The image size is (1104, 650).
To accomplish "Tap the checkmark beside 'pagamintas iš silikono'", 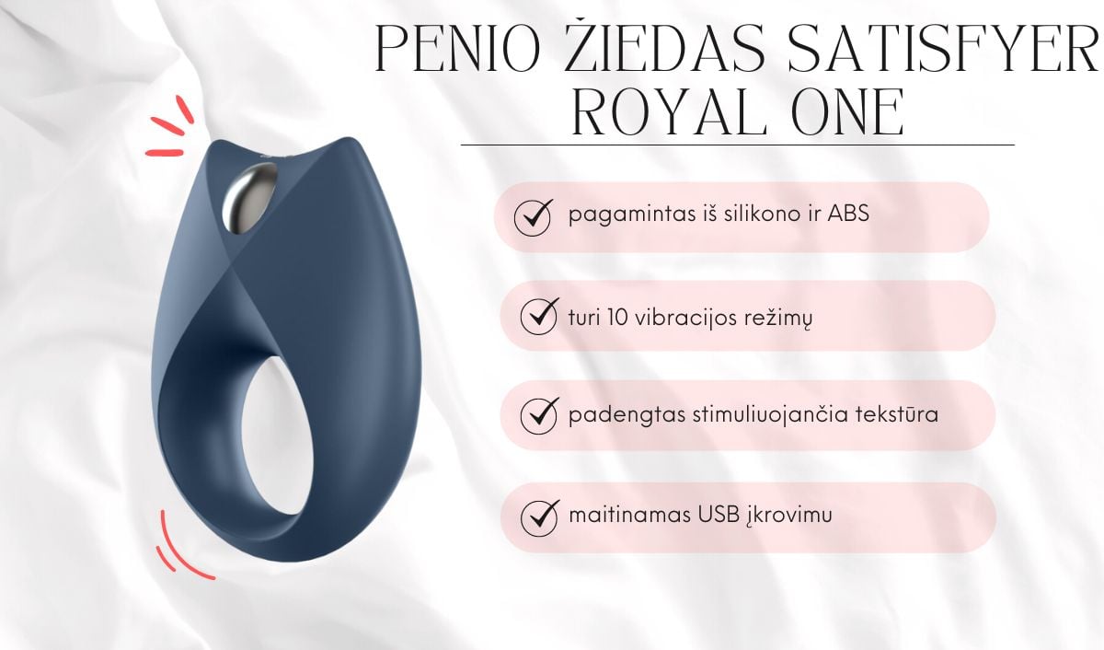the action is pos(533,217).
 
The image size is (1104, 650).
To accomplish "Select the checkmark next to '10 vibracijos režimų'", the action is pos(539,316).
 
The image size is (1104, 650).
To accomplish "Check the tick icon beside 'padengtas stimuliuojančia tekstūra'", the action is pos(539,415).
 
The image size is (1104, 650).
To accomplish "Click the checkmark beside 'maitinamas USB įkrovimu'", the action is pos(539,517).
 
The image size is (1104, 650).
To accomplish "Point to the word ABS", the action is pos(848,214).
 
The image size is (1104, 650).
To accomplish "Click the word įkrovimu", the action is pos(789,516).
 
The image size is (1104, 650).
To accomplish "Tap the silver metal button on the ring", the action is pos(249,197).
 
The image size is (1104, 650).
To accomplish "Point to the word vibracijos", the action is pos(685,319).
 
